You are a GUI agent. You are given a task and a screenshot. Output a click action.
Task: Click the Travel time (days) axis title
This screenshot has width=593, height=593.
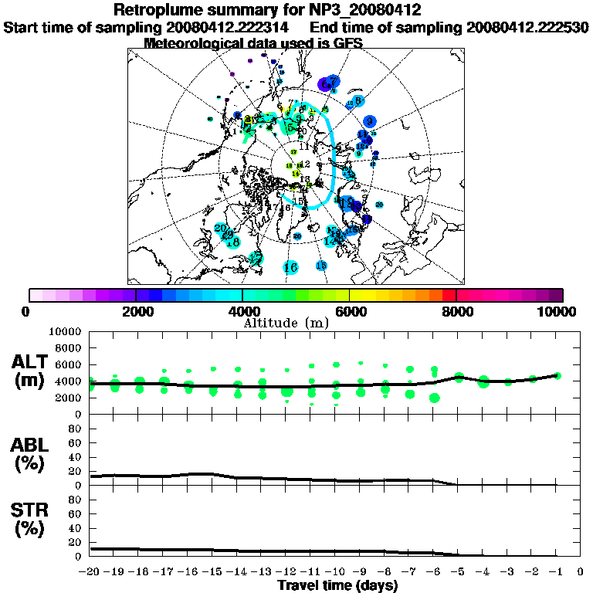pyautogui.click(x=337, y=585)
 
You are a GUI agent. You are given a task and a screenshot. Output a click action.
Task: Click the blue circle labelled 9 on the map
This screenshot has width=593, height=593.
pyautogui.click(x=370, y=121)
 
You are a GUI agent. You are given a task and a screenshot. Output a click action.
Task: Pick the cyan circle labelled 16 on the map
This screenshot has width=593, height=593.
pyautogui.click(x=290, y=267)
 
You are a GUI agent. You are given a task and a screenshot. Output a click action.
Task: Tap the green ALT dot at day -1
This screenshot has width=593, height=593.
pyautogui.click(x=557, y=376)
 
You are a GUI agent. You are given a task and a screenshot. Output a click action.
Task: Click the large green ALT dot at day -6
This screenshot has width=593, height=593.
pyautogui.click(x=435, y=398)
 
